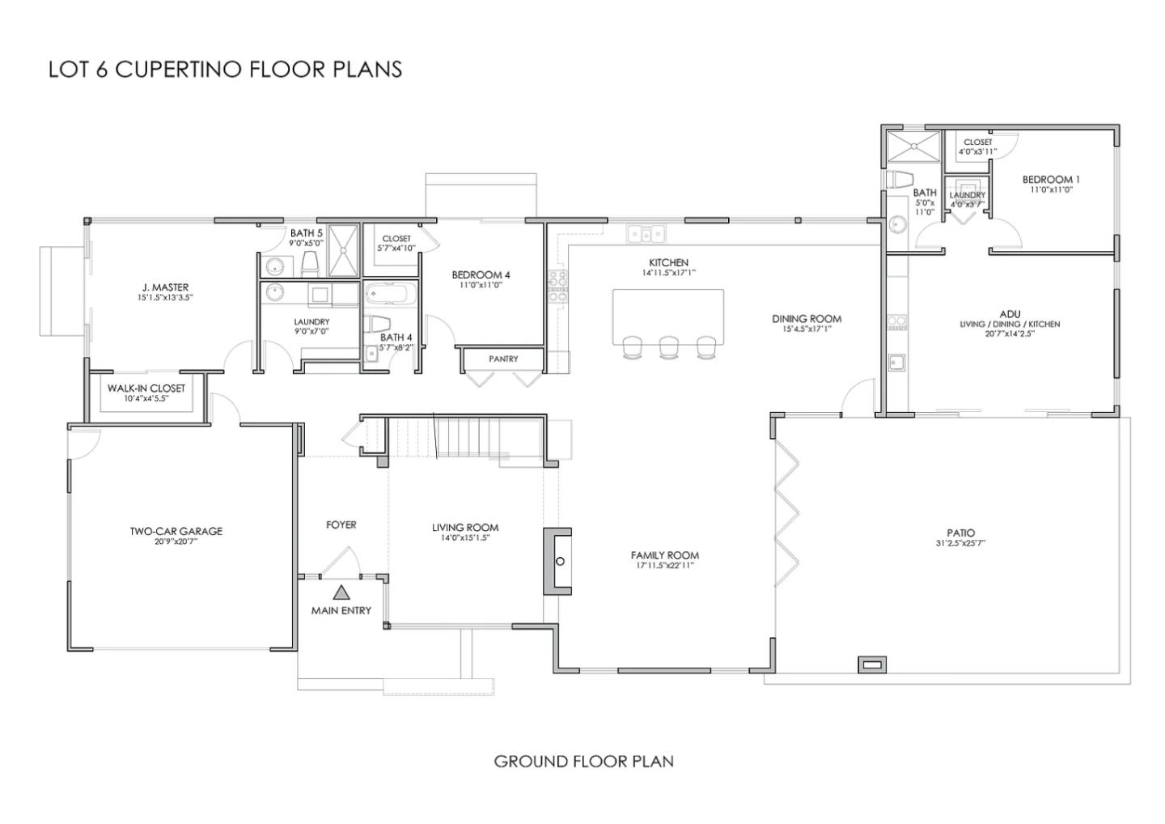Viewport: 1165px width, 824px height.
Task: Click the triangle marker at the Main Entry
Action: click(x=341, y=593)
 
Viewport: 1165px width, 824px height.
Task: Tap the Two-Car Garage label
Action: click(x=176, y=532)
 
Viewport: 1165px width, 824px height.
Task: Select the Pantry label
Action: click(x=503, y=359)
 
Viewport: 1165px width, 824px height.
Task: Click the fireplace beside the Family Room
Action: click(x=558, y=561)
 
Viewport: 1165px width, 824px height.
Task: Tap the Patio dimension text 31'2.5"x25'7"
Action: click(x=960, y=543)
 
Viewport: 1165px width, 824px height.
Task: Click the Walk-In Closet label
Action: click(x=146, y=389)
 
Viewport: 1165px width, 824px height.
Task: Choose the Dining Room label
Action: click(x=807, y=319)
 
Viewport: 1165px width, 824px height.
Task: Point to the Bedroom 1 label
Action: click(x=1050, y=180)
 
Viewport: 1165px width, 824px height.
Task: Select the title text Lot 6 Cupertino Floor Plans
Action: click(x=225, y=69)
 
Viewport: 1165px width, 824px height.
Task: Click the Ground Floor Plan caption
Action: click(x=583, y=761)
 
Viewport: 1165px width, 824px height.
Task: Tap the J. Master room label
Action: click(x=165, y=287)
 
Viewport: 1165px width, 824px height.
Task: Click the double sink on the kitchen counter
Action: click(x=646, y=235)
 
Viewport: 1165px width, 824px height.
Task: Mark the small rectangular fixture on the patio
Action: click(x=872, y=665)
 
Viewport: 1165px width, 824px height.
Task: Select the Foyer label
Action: click(x=341, y=525)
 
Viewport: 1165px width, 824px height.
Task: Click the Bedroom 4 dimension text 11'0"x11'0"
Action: click(x=481, y=285)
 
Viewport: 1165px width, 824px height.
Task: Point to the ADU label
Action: click(x=1009, y=314)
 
